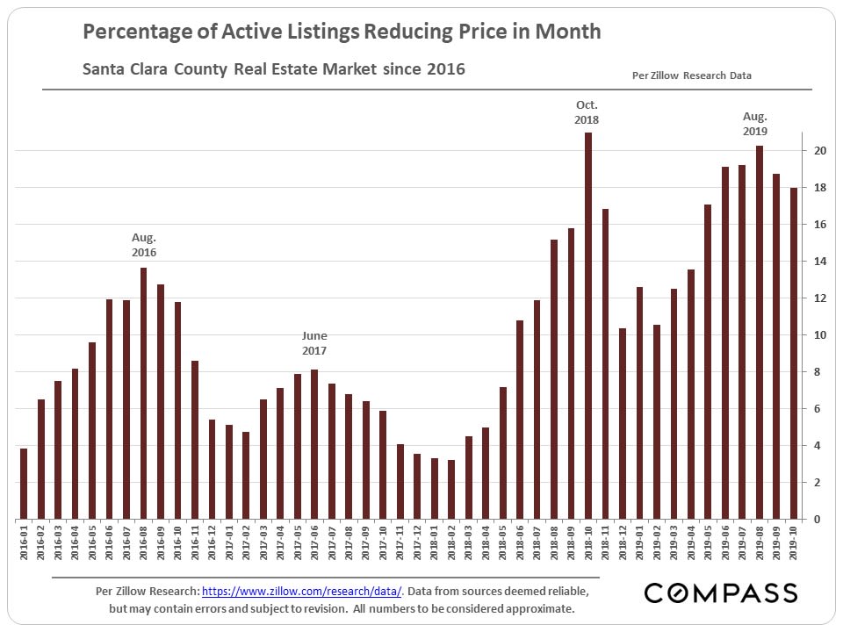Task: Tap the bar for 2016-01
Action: (x=24, y=484)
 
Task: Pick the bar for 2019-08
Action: (x=760, y=333)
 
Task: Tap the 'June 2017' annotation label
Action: (x=314, y=342)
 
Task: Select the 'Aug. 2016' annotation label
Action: (x=143, y=245)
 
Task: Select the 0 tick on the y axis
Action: (x=817, y=520)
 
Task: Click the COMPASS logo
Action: (x=721, y=593)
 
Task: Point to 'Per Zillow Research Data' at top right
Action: (x=692, y=75)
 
